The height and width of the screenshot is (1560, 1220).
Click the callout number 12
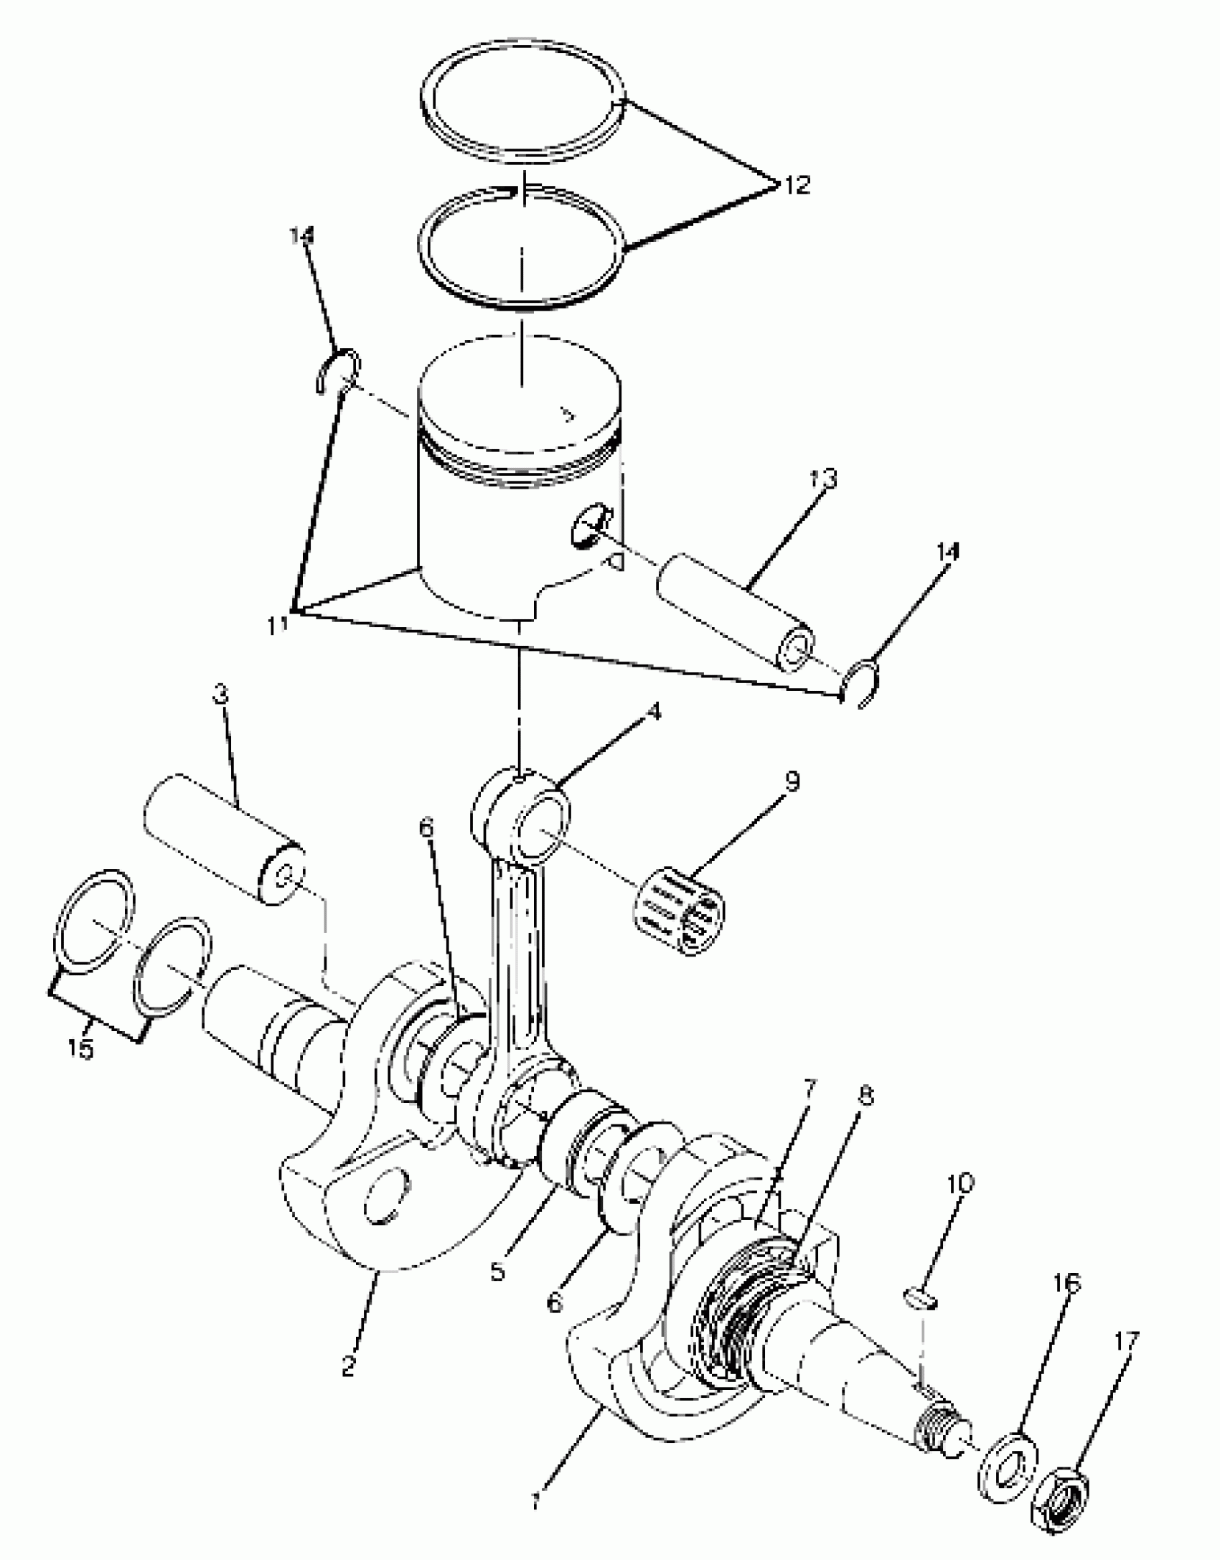pyautogui.click(x=795, y=184)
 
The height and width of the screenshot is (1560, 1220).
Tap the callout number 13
pyautogui.click(x=825, y=479)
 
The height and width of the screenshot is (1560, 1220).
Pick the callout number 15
pyautogui.click(x=81, y=1049)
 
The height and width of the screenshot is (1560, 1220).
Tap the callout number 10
pyautogui.click(x=961, y=1183)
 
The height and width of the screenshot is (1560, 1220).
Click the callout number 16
pyautogui.click(x=1067, y=1282)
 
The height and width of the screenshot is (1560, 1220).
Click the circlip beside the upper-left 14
pyautogui.click(x=337, y=373)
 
